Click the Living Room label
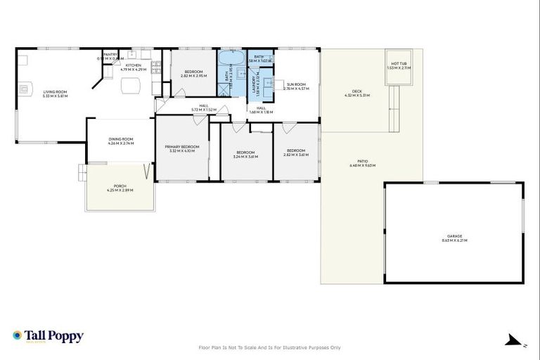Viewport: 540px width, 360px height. [54, 91]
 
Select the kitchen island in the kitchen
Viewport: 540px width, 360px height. [131, 86]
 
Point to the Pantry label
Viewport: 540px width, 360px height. [110, 54]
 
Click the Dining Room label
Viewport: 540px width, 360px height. [120, 139]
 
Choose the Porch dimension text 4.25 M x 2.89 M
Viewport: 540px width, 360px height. [119, 190]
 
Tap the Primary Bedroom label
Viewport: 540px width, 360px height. [182, 146]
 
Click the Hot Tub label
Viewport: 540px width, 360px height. [398, 64]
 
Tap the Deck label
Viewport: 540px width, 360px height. [356, 91]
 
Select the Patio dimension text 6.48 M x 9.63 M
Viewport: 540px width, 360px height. [362, 165]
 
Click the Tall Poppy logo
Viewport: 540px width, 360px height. [48, 336]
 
